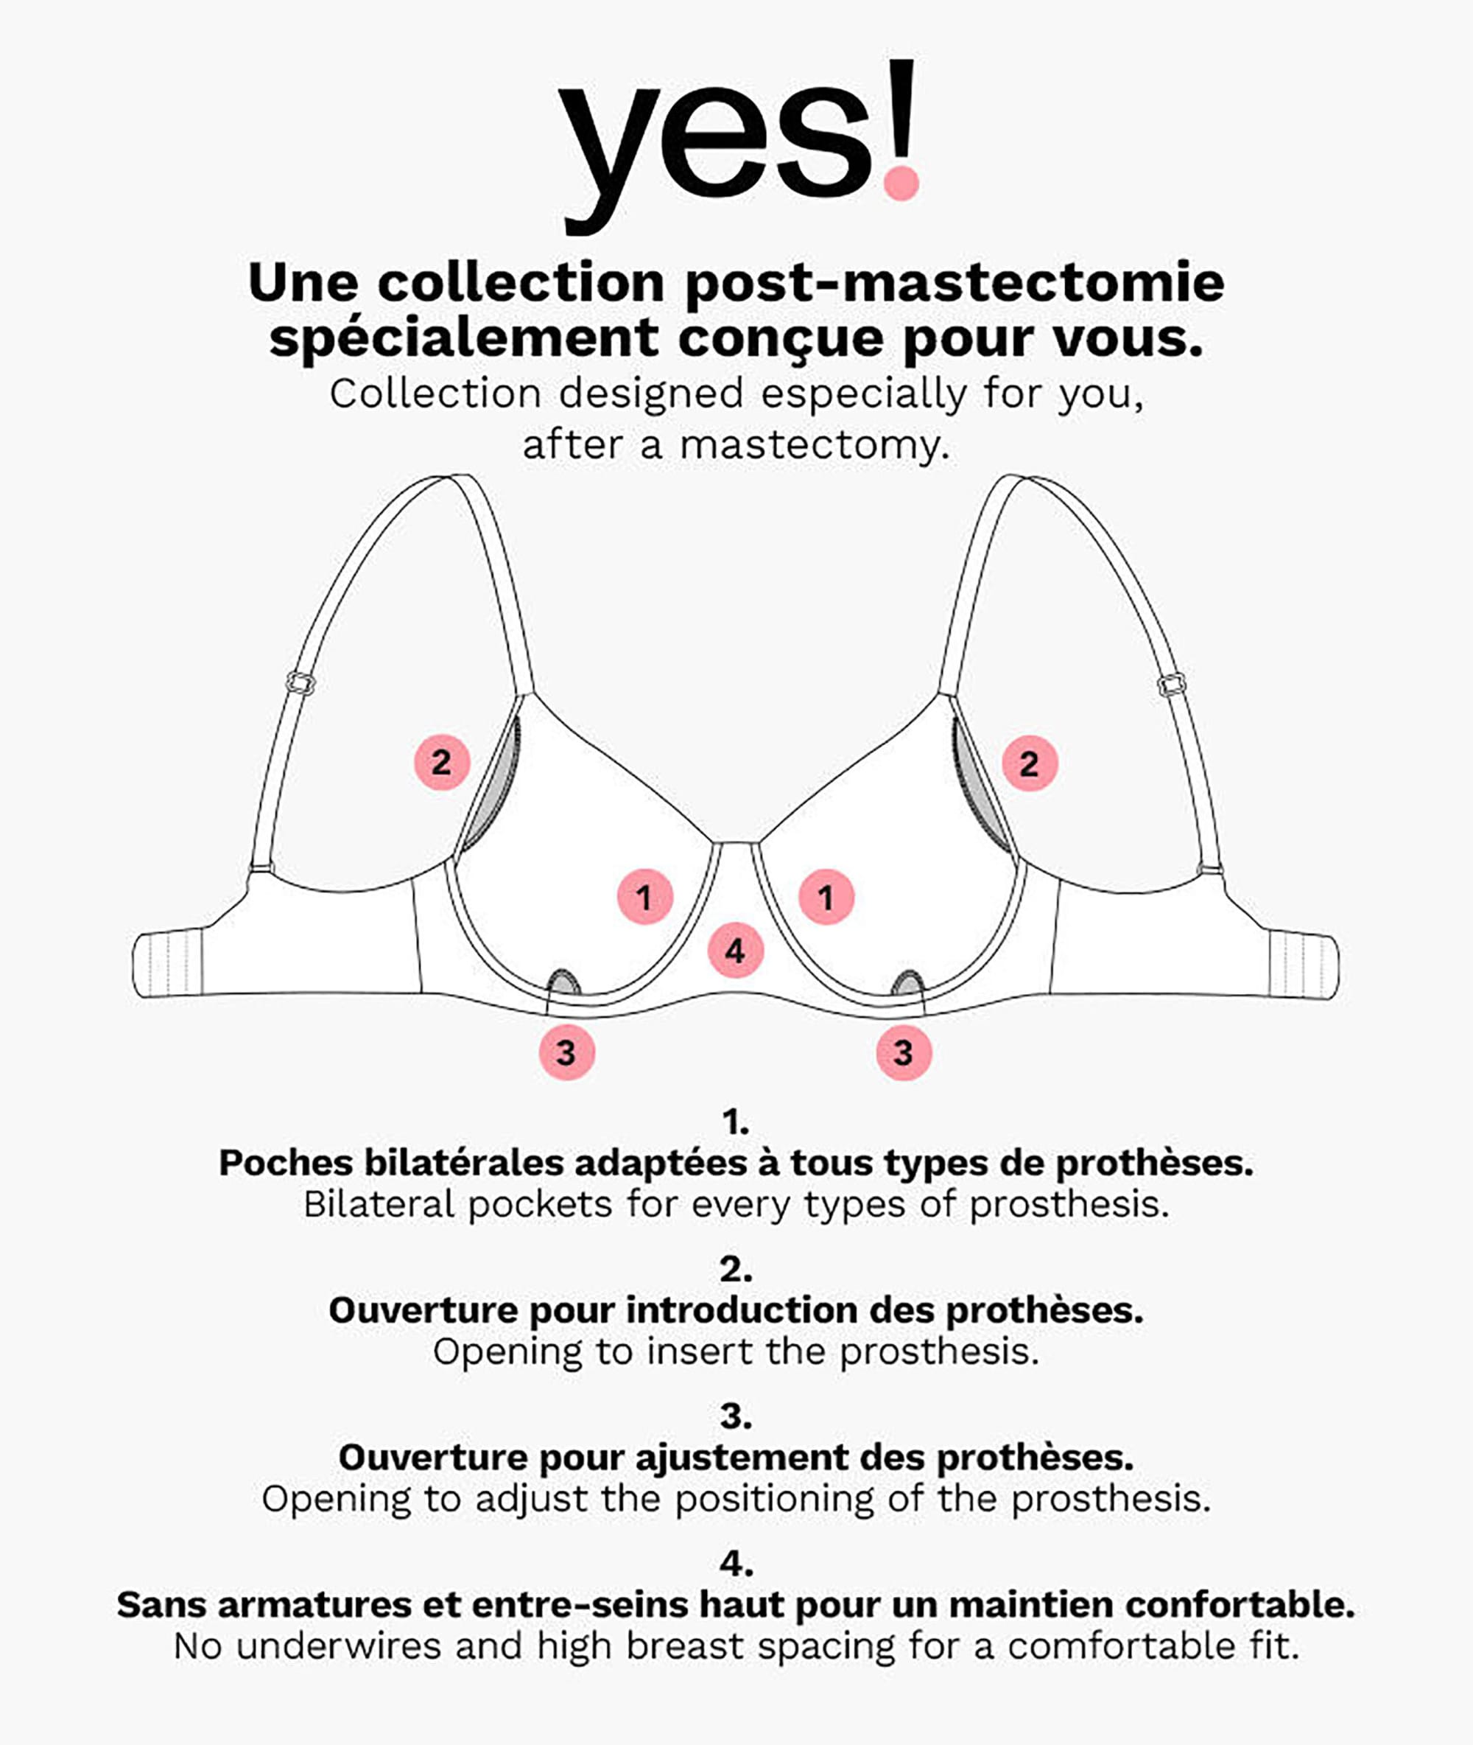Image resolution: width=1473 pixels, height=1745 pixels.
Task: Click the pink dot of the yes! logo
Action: point(901,182)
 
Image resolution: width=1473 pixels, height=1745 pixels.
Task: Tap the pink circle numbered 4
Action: point(736,951)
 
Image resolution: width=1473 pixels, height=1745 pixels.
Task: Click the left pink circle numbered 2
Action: point(443,762)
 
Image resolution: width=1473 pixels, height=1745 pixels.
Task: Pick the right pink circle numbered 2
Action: point(1030,763)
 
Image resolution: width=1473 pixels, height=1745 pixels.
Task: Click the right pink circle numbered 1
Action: point(826,897)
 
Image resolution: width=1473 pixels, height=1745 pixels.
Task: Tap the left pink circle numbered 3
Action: point(567,1052)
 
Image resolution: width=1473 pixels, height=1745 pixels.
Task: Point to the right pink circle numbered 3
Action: point(904,1052)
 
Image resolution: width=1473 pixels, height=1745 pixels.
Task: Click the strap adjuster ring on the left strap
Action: point(300,683)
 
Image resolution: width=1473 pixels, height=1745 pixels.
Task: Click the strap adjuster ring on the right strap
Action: point(1173,685)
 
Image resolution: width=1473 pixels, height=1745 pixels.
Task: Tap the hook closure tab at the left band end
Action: point(168,964)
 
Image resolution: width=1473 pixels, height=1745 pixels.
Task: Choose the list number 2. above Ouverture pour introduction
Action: point(736,1270)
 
